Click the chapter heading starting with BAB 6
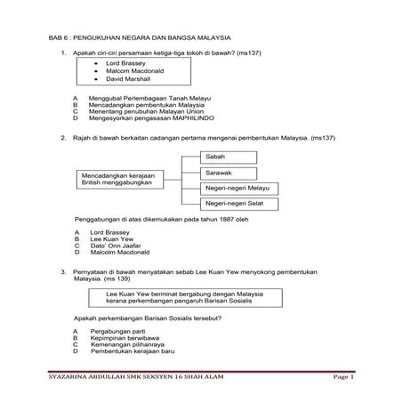pyautogui.click(x=140, y=38)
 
